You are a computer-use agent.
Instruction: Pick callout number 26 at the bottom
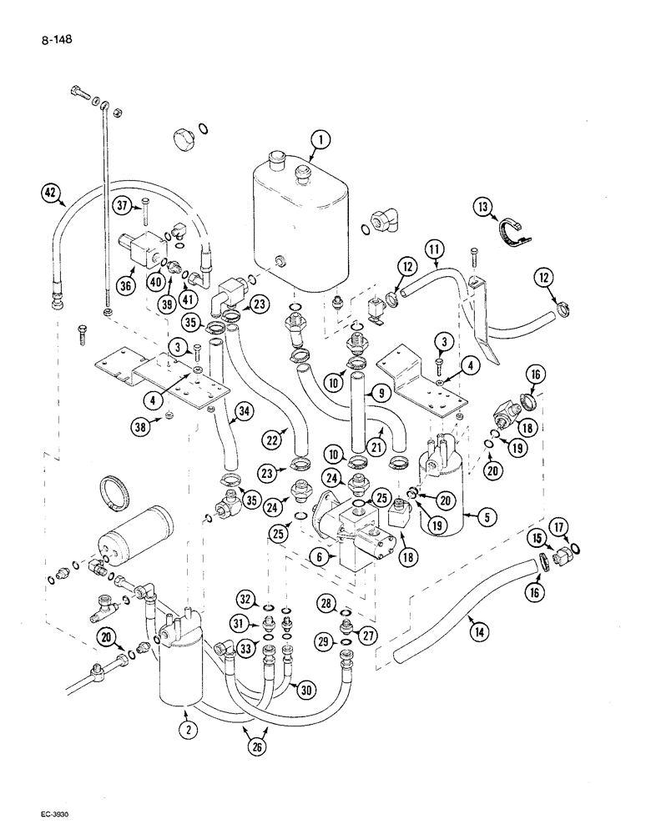click(x=250, y=741)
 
